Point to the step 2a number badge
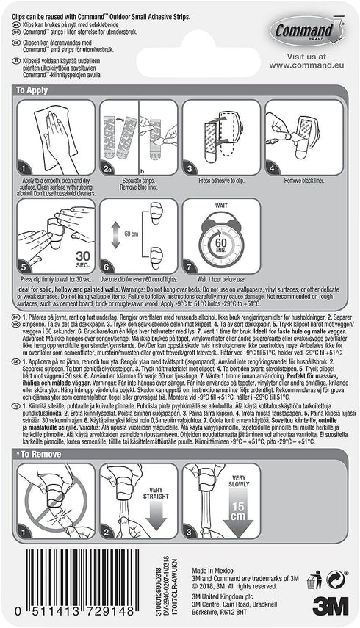[x=109, y=168]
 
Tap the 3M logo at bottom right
[x=329, y=605]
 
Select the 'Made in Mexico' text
[x=209, y=571]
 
